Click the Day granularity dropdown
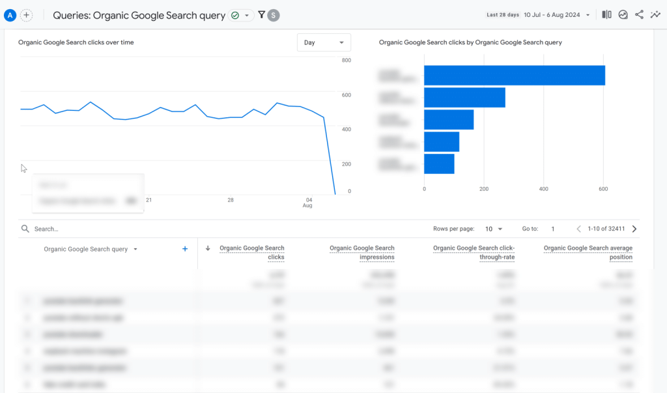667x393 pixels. [323, 42]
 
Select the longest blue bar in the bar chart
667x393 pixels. [514, 75]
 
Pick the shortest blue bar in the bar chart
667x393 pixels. [439, 164]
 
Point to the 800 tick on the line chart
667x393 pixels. [347, 61]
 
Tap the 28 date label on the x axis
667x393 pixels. [231, 200]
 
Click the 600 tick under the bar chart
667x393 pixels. [603, 189]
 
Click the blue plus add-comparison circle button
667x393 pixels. [27, 15]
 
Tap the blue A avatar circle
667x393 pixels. [10, 15]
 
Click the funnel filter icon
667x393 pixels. [261, 14]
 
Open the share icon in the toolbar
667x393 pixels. [639, 14]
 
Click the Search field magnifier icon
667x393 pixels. [25, 229]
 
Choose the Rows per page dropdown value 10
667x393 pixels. [494, 229]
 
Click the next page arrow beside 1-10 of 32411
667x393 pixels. [634, 229]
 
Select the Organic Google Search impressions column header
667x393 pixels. [362, 252]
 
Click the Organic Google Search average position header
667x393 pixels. [588, 252]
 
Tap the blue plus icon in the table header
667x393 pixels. [185, 249]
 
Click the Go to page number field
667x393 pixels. [552, 229]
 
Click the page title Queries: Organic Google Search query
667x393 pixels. [139, 15]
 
